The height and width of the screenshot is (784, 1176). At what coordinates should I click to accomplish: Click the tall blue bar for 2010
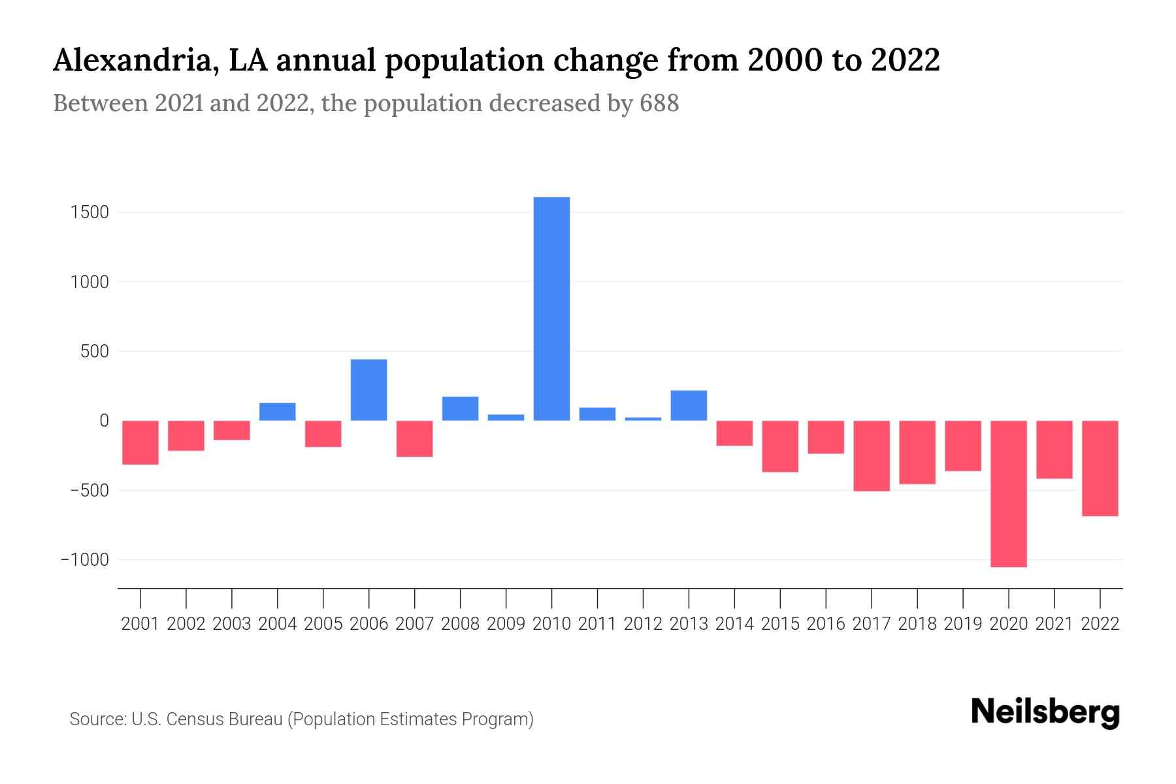click(551, 308)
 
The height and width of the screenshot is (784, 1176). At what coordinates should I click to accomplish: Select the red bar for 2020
click(1008, 493)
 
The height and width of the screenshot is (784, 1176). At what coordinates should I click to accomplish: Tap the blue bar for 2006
click(368, 389)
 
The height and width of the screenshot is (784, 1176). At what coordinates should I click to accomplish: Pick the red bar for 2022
click(1100, 468)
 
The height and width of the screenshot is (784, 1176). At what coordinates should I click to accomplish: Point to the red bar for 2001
click(140, 442)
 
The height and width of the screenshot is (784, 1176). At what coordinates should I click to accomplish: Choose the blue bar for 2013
click(689, 405)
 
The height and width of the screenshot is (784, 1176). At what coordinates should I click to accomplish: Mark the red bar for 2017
click(871, 455)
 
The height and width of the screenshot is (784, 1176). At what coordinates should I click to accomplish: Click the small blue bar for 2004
click(277, 412)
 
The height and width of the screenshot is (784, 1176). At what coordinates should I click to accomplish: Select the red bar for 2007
click(414, 438)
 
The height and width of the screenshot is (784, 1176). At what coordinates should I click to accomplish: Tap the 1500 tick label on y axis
click(91, 212)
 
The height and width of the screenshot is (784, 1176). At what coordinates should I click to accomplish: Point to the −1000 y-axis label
click(85, 560)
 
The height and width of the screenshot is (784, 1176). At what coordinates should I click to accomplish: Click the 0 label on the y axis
click(104, 421)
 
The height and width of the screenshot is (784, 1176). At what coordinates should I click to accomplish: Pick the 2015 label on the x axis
click(780, 624)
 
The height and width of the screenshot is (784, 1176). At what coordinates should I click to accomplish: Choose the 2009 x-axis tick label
click(506, 624)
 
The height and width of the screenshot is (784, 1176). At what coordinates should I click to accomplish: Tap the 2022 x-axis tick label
click(1100, 624)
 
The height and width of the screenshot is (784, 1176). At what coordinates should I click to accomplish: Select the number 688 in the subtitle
click(659, 103)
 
